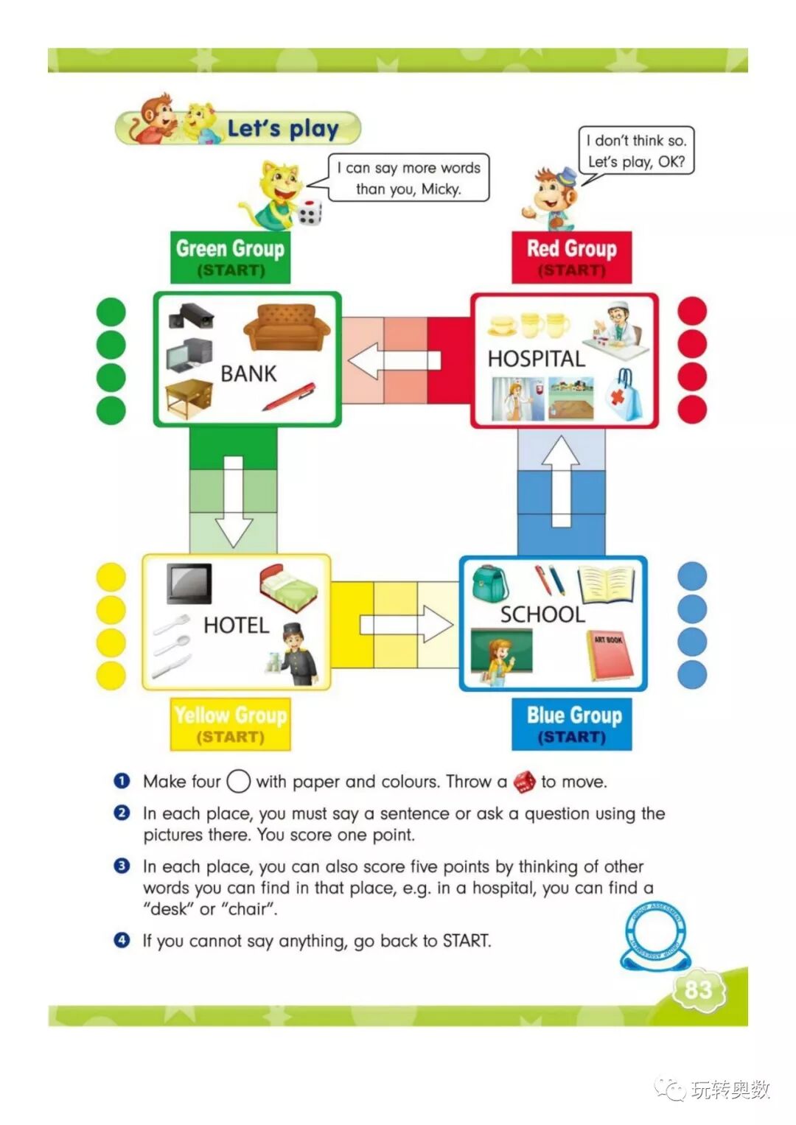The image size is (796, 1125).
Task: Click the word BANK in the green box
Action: click(x=248, y=374)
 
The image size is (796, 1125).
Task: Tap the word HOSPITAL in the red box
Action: click(x=536, y=358)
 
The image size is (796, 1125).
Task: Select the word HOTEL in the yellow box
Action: click(x=236, y=625)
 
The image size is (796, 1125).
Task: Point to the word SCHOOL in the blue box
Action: click(x=542, y=614)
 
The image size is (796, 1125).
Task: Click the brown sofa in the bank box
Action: click(x=286, y=329)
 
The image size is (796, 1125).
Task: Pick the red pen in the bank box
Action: click(x=289, y=396)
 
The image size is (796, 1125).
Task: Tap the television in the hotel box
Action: click(x=189, y=583)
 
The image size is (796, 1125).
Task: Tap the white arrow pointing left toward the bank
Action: click(x=393, y=361)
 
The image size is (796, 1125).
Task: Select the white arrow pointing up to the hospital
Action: click(x=561, y=480)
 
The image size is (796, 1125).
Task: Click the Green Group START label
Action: click(x=230, y=256)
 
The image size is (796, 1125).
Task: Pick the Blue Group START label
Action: click(x=573, y=723)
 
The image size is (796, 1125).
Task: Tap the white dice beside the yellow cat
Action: click(x=310, y=212)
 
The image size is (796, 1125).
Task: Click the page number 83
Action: click(x=697, y=989)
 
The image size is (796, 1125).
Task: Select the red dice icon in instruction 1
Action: click(x=525, y=782)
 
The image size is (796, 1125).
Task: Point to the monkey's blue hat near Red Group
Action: click(x=567, y=177)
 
